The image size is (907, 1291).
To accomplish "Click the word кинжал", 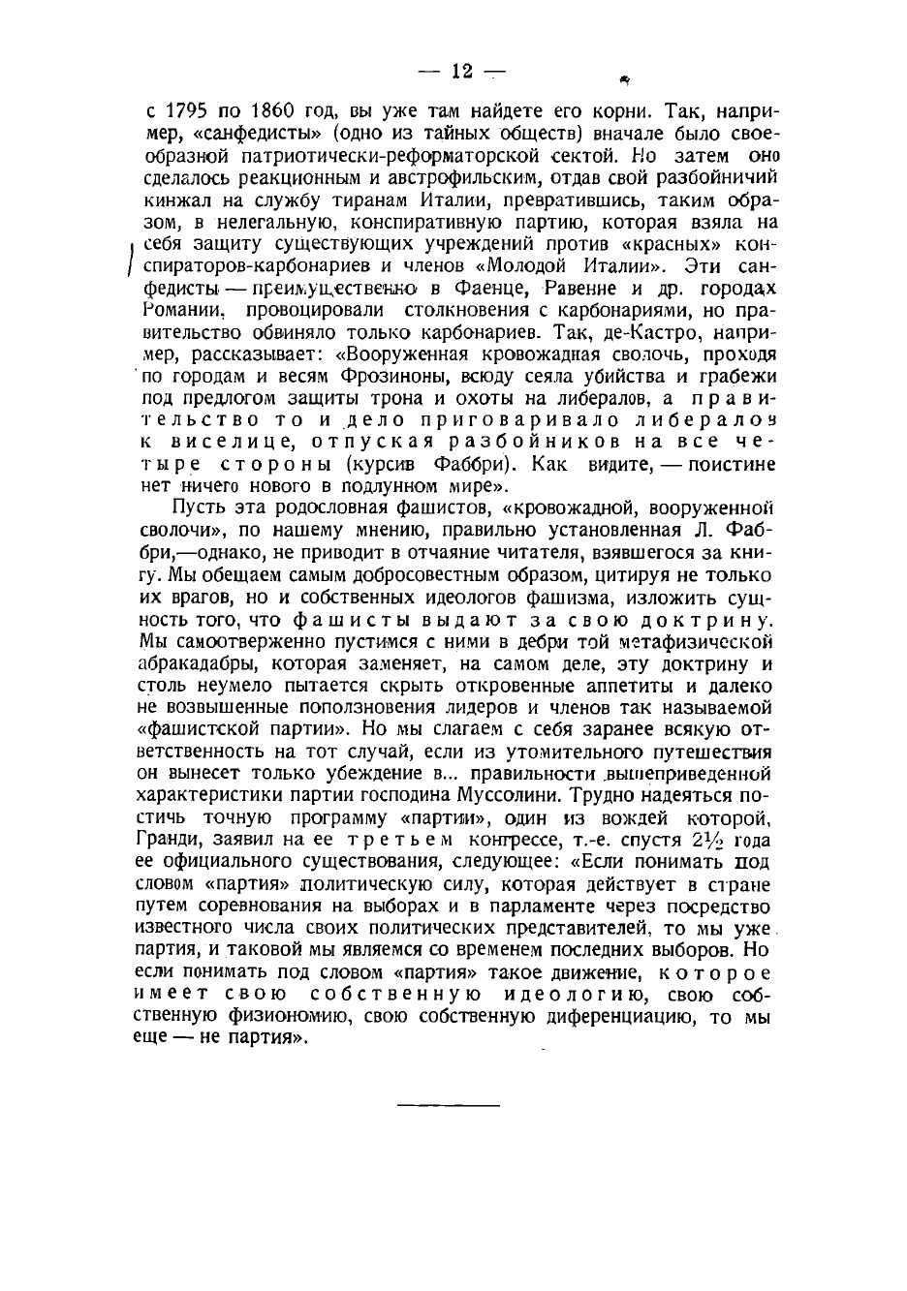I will click(176, 200).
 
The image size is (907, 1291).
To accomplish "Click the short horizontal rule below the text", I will click(448, 1104).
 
